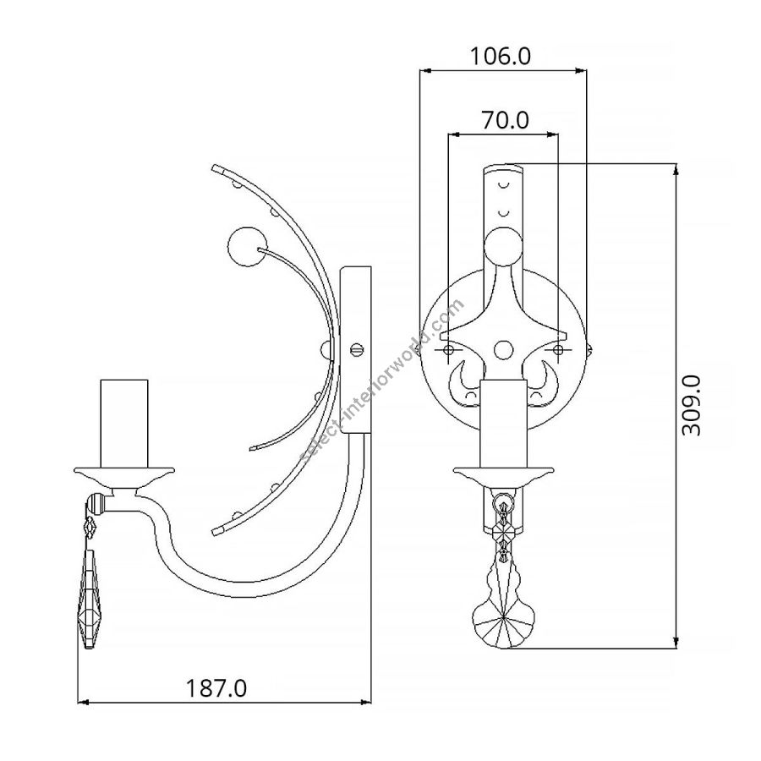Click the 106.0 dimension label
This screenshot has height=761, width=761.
click(x=501, y=57)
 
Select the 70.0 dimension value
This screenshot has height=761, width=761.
click(x=505, y=119)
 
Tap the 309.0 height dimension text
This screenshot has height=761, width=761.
click(x=691, y=405)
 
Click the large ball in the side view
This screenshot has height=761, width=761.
click(x=247, y=247)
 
